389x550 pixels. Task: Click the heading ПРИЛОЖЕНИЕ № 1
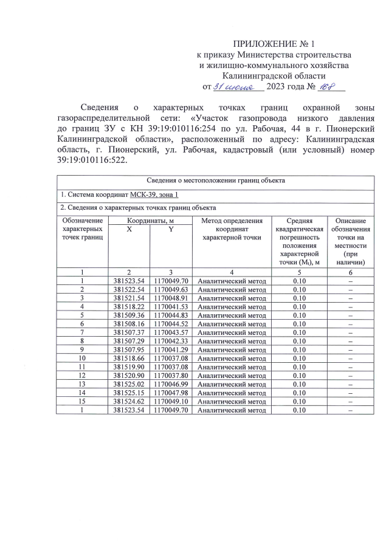pos(275,44)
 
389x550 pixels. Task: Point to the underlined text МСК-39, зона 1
pos(154,194)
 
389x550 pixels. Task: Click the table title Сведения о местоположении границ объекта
pos(216,180)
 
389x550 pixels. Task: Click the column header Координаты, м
pos(150,221)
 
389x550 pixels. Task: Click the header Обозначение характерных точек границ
pos(82,229)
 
